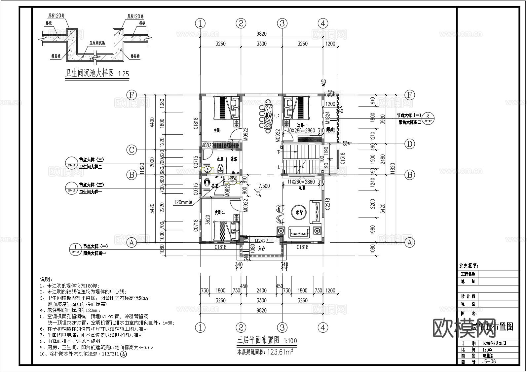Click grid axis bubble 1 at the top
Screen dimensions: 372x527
200,23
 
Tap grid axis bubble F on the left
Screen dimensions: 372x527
132,95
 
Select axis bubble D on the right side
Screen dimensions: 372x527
410,144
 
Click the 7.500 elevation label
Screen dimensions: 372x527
264,186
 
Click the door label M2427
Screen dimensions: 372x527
261,242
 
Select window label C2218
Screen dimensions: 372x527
327,204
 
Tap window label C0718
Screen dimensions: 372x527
196,226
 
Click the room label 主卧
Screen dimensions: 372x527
217,130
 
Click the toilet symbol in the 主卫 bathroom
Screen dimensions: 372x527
220,169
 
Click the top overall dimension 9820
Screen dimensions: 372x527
261,34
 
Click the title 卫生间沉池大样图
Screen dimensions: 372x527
90,73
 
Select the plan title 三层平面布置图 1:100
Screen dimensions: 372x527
267,340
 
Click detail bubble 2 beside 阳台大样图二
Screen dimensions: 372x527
428,116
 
